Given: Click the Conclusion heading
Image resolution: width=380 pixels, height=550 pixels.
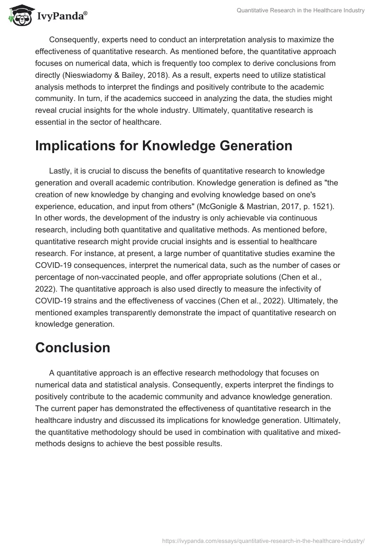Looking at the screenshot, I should (73, 347).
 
